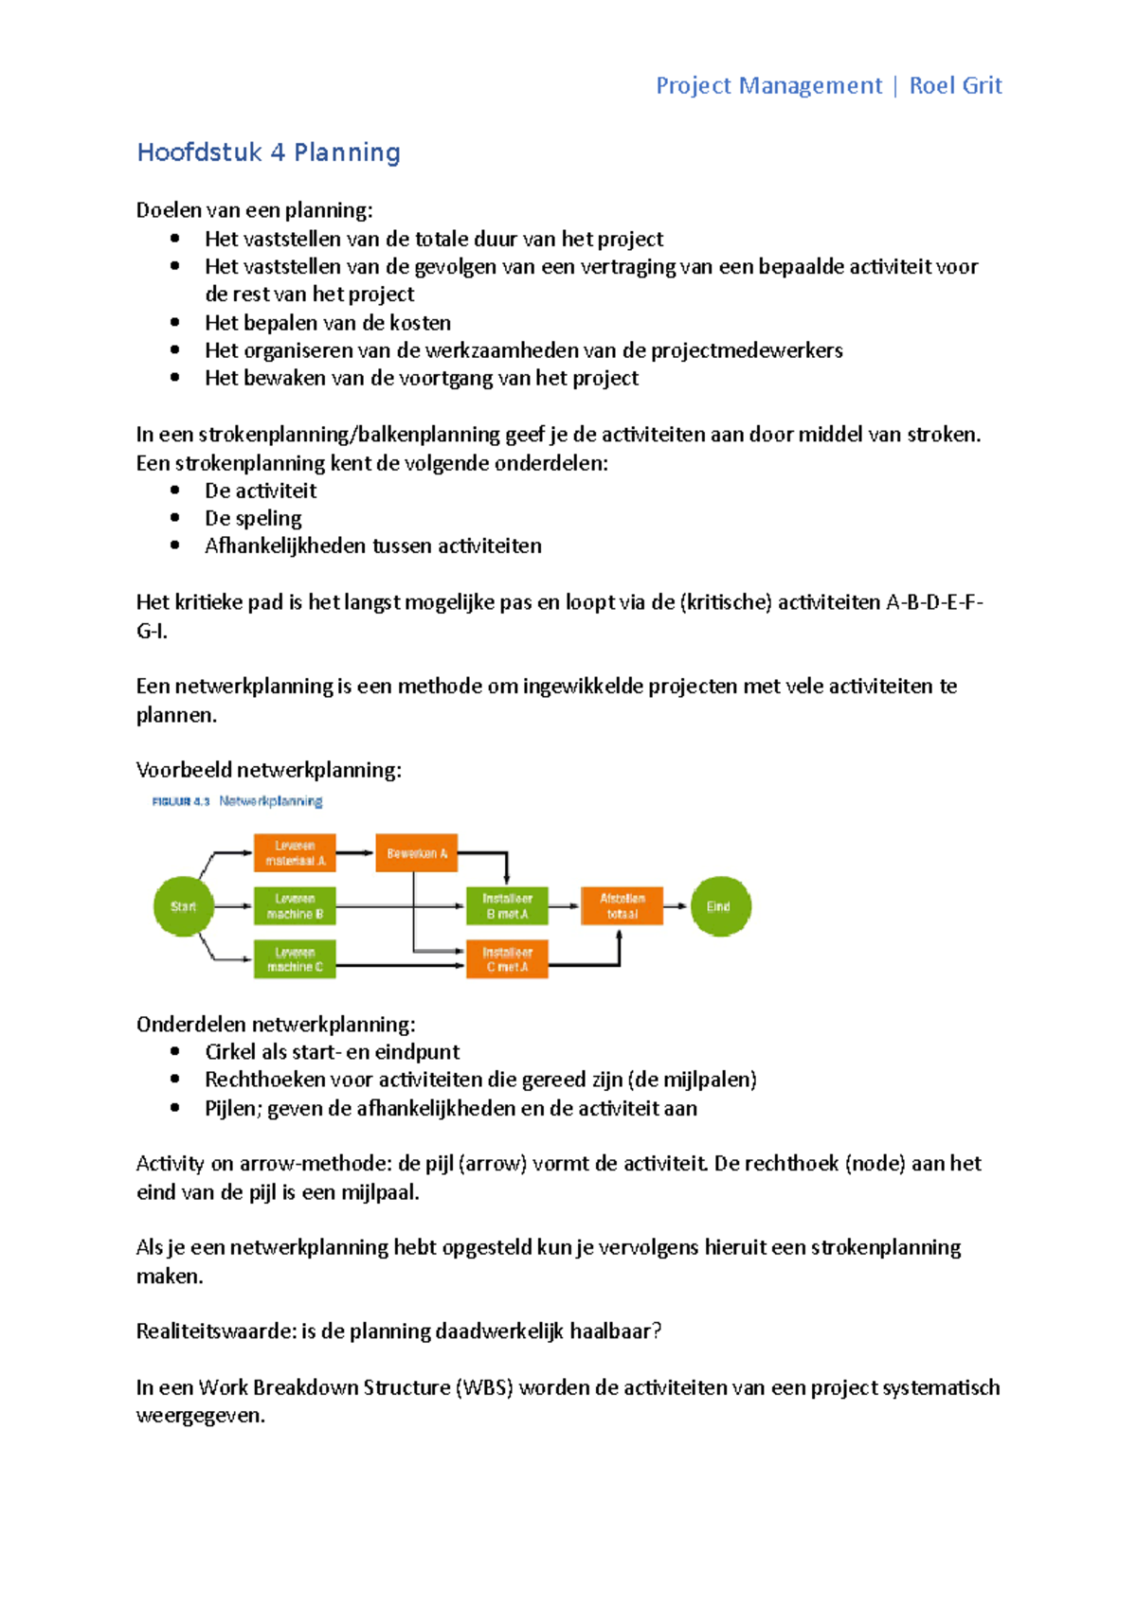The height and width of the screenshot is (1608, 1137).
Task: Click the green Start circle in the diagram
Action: pyautogui.click(x=183, y=906)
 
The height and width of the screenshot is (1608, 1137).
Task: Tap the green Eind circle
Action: pyautogui.click(x=720, y=906)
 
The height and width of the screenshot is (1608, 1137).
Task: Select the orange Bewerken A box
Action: pyautogui.click(x=416, y=853)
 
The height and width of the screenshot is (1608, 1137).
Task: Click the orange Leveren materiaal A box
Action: pyautogui.click(x=295, y=853)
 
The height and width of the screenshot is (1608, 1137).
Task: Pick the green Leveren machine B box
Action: pyautogui.click(x=295, y=906)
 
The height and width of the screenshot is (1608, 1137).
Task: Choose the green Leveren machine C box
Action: pyautogui.click(x=295, y=959)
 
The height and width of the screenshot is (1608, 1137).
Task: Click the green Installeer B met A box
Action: pyautogui.click(x=507, y=906)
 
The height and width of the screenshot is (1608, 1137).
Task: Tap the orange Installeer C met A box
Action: pyautogui.click(x=507, y=959)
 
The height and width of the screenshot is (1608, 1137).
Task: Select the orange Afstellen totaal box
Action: pyautogui.click(x=622, y=906)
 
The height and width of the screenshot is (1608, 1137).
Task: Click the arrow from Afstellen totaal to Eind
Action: pyautogui.click(x=676, y=906)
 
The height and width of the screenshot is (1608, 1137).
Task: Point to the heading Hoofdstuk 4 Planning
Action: pyautogui.click(x=268, y=152)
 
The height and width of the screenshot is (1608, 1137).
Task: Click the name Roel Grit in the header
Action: pyautogui.click(x=955, y=86)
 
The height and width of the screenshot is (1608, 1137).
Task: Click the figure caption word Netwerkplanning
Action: pyautogui.click(x=271, y=801)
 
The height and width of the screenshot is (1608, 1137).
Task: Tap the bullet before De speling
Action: pyautogui.click(x=175, y=518)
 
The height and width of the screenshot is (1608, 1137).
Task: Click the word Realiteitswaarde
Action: pyautogui.click(x=215, y=1331)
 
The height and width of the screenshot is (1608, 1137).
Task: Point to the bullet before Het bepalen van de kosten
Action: pyautogui.click(x=175, y=322)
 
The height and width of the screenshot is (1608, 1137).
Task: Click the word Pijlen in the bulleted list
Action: pyautogui.click(x=232, y=1108)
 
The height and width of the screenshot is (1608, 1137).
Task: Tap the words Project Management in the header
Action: pyautogui.click(x=768, y=86)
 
